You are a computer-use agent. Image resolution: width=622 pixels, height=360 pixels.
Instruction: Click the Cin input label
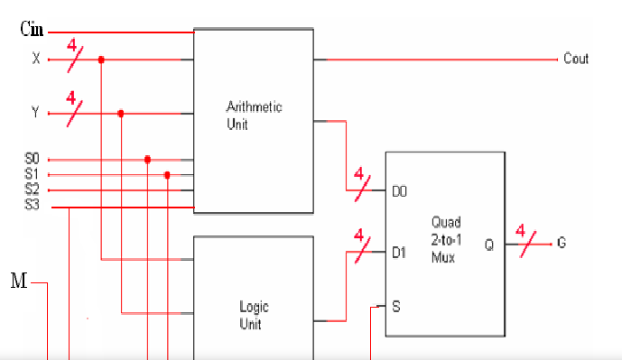pos(32,29)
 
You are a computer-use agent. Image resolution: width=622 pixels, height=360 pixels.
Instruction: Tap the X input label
pos(36,59)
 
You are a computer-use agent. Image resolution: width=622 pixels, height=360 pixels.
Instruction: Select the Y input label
pos(35,112)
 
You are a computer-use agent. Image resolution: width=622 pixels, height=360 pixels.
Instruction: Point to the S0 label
pos(32,159)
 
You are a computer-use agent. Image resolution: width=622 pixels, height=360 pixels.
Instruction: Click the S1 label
pos(32,173)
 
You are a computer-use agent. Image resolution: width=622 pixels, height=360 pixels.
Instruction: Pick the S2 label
pos(32,189)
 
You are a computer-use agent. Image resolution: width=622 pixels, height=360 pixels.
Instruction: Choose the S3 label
pos(32,205)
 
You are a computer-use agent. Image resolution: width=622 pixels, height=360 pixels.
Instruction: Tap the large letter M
pos(19,281)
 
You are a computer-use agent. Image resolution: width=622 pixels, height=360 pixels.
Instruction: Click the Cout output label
pos(576,59)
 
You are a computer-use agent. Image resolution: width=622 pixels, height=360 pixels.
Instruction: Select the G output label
pos(562,242)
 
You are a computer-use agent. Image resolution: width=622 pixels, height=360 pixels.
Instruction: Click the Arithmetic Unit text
pos(254,115)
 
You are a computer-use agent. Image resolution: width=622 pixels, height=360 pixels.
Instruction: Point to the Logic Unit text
pos(254,315)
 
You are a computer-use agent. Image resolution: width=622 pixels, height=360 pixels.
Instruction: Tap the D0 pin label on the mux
pos(399,191)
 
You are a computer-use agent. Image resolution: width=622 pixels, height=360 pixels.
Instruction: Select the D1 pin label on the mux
pos(399,253)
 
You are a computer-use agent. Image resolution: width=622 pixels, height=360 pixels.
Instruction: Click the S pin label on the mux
pos(396,307)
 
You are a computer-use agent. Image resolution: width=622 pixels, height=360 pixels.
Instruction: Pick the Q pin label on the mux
pos(489,245)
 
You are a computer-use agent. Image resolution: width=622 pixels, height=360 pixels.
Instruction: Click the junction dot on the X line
pos(101,60)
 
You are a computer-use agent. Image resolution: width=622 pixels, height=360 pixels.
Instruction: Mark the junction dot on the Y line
pos(121,114)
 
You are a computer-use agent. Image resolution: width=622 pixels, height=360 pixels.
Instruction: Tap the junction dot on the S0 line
pos(147,160)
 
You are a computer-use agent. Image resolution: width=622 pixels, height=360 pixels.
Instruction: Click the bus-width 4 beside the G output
pos(521,230)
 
